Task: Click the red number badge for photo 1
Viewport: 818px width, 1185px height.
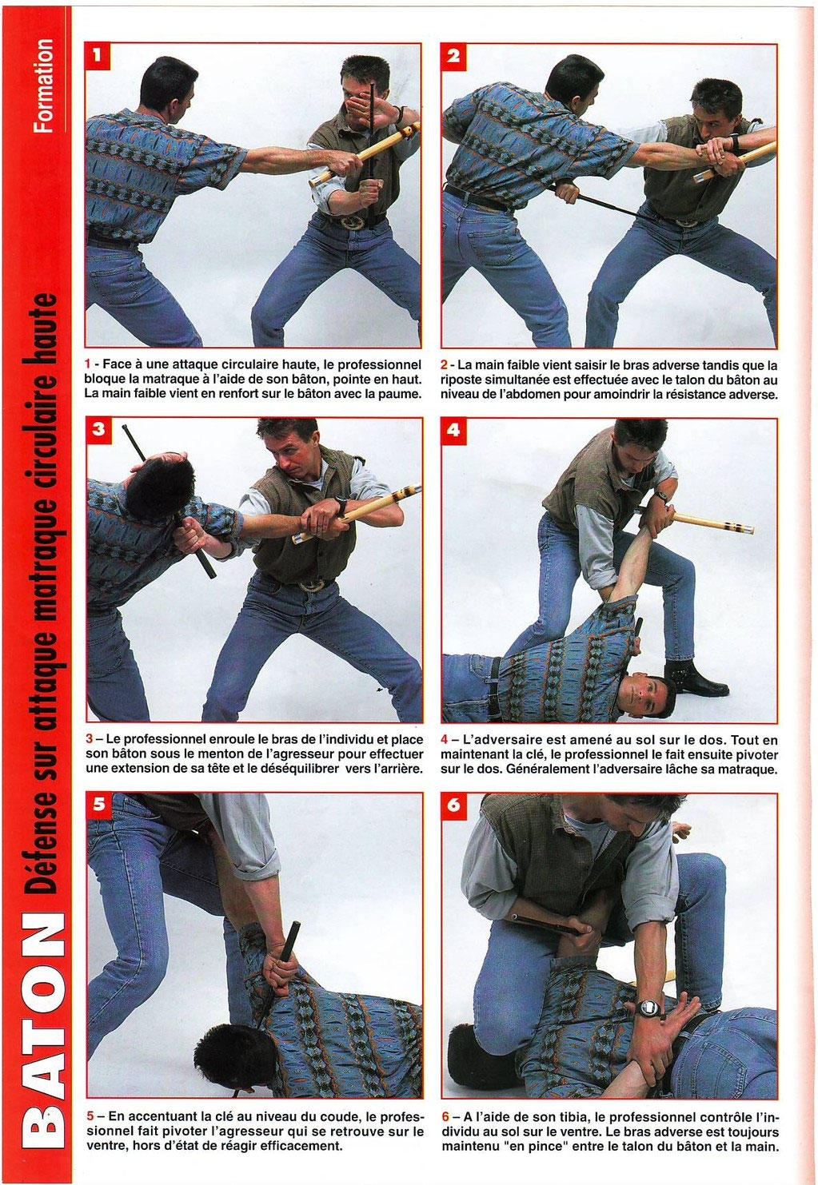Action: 97,56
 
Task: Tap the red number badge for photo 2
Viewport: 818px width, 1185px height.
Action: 453,56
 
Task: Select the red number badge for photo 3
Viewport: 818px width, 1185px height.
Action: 98,430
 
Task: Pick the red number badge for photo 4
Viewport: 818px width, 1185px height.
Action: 453,430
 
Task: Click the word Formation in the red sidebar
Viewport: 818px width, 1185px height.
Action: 43,85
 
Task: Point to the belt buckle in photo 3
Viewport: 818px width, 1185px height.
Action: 312,585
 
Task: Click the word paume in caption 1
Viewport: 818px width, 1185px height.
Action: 399,396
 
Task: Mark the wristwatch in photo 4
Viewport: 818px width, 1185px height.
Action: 660,496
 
